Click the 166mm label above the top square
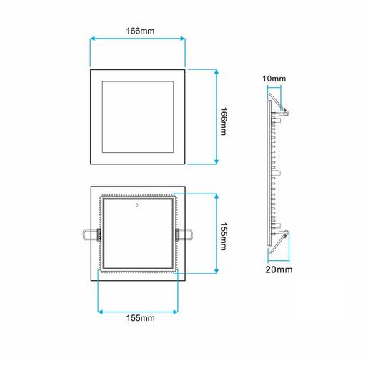pyautogui.click(x=138, y=31)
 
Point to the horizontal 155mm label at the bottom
pyautogui.click(x=138, y=317)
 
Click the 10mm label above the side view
pyautogui.click(x=274, y=78)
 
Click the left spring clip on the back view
pyautogui.click(x=89, y=233)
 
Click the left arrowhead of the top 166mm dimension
pyautogui.click(x=91, y=41)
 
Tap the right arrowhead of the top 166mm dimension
pyautogui.click(x=184, y=41)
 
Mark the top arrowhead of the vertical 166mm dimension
pyautogui.click(x=217, y=70)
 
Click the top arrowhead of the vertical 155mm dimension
pyautogui.click(x=217, y=195)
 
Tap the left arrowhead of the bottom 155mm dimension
pyautogui.click(x=99, y=310)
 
